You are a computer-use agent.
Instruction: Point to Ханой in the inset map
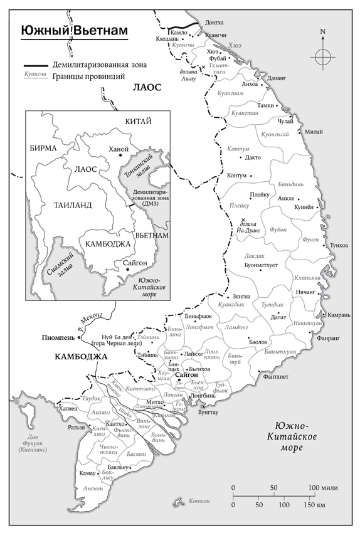tap(118, 149)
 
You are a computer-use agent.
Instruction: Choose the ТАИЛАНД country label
tap(73, 204)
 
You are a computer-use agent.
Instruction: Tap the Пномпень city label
tap(58, 337)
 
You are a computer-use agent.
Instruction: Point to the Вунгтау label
tap(208, 413)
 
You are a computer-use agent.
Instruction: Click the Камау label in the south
tap(88, 472)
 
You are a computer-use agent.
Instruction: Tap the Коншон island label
tap(199, 500)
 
